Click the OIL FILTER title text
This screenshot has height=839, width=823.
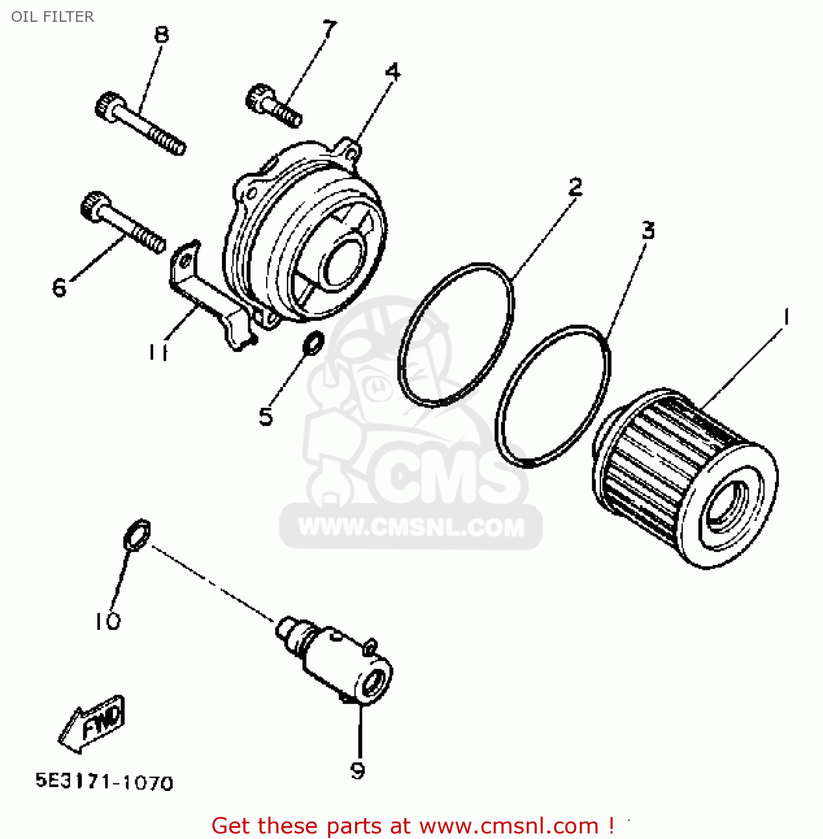[x=53, y=17]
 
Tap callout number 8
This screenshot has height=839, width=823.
[x=162, y=35]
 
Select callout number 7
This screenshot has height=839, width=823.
[x=330, y=29]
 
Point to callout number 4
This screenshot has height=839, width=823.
[x=394, y=72]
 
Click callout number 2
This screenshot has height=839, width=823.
[x=575, y=186]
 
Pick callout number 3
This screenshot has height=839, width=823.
[x=648, y=230]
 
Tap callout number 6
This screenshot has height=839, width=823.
[x=59, y=287]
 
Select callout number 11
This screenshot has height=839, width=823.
[x=158, y=352]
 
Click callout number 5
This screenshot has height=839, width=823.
[x=266, y=417]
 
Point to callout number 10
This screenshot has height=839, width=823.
[x=107, y=621]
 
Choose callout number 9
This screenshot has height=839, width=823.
[x=358, y=771]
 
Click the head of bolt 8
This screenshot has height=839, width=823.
[x=108, y=106]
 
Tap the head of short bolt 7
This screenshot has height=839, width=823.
[x=258, y=97]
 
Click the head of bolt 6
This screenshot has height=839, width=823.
[x=94, y=205]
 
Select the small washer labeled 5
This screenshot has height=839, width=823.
[x=313, y=343]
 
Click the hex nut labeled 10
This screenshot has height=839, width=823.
[x=137, y=535]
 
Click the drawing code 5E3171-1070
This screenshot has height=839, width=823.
[x=105, y=781]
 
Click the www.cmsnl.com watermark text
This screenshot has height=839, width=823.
[x=411, y=528]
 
